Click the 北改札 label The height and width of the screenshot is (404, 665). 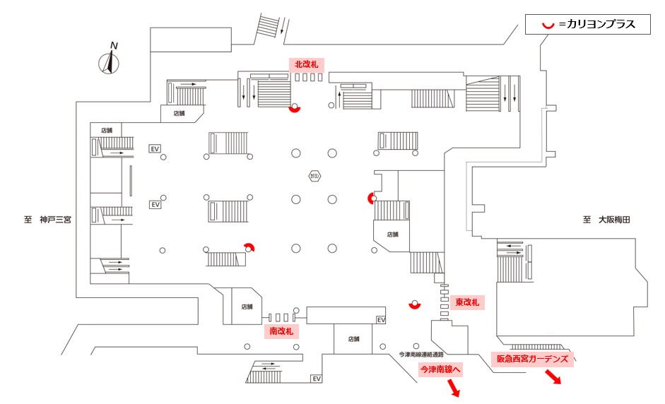[x=306, y=64]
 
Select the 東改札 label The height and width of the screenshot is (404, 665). [x=466, y=302]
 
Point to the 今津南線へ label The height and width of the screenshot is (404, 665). [x=440, y=369]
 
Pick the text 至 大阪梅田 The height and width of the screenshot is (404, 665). [x=606, y=220]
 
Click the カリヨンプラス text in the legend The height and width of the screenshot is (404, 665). [x=596, y=25]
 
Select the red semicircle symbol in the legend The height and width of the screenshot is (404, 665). [x=546, y=25]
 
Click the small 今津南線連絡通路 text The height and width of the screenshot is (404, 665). [x=422, y=355]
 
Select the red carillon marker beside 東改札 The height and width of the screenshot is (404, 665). [x=415, y=305]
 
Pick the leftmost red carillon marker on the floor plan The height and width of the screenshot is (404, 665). [x=249, y=246]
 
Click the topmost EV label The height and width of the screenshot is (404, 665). [x=155, y=149]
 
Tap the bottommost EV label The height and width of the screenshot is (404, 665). [x=317, y=379]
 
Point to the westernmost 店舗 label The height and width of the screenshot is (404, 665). [x=107, y=130]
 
